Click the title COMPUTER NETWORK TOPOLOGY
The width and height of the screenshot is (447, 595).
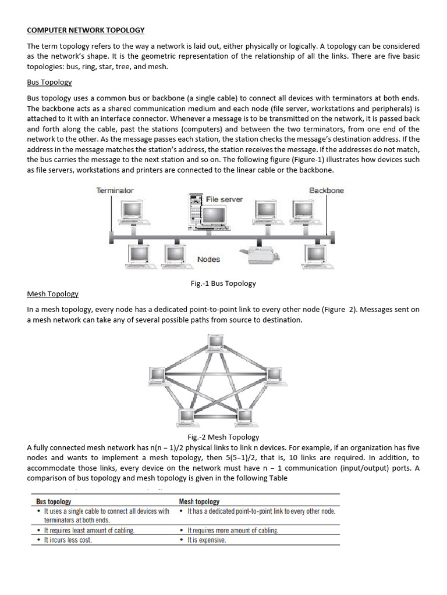pyautogui.click(x=86, y=30)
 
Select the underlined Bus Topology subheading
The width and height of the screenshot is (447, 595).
pyautogui.click(x=49, y=83)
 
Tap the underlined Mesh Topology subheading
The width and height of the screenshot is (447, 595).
pyautogui.click(x=52, y=294)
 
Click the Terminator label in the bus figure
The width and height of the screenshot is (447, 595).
pyautogui.click(x=115, y=191)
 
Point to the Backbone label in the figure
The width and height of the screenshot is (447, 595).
pyautogui.click(x=326, y=191)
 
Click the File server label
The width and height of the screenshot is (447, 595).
pyautogui.click(x=224, y=199)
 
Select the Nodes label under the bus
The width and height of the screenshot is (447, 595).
pyautogui.click(x=208, y=259)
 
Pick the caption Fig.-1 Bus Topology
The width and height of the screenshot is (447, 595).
pyautogui.click(x=223, y=284)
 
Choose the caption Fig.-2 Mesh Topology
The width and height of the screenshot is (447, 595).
pyautogui.click(x=224, y=437)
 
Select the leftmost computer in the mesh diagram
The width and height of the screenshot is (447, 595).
pyautogui.click(x=158, y=377)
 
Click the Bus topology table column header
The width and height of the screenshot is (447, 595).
pyautogui.click(x=54, y=501)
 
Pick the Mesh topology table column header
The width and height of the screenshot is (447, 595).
pyautogui.click(x=199, y=501)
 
